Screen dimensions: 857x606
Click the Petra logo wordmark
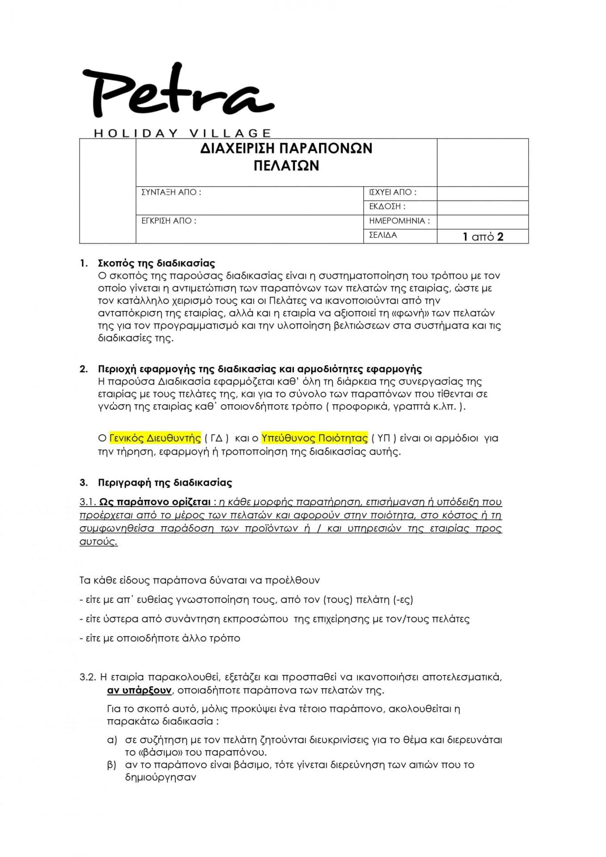[178, 92]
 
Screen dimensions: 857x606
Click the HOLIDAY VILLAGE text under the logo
[182, 133]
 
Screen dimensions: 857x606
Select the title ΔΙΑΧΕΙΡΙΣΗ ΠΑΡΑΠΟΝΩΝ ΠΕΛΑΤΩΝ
[286, 157]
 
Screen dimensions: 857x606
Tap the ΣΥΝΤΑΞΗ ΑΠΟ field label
[171, 192]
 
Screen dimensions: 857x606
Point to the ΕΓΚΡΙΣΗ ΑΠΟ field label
[169, 220]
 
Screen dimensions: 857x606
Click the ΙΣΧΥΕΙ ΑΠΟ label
[392, 192]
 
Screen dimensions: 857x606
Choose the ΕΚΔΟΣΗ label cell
[387, 207]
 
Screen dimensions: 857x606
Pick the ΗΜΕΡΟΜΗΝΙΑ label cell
[399, 220]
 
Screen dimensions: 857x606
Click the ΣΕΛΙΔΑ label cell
[383, 235]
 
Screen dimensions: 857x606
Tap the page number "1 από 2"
[483, 237]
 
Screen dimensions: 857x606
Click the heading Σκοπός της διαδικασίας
[156, 263]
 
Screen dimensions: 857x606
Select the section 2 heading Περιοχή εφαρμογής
[260, 369]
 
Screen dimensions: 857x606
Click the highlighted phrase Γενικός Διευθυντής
[155, 438]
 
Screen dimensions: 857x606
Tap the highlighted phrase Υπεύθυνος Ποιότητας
[315, 438]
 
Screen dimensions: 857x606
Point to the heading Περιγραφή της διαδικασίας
[165, 483]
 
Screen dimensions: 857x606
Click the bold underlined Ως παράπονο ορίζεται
[154, 502]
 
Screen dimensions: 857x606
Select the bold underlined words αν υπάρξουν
[139, 690]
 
